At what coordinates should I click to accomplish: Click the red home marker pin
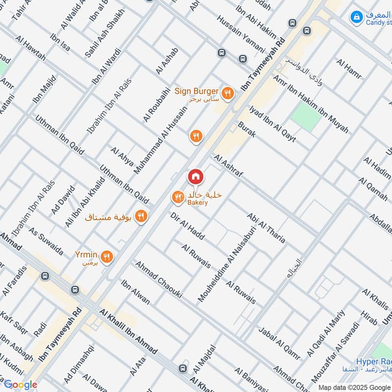(195, 176)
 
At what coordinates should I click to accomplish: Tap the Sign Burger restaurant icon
(227, 92)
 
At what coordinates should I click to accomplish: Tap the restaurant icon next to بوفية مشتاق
(141, 216)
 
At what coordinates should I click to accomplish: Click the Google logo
(20, 385)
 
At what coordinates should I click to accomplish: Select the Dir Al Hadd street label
(187, 226)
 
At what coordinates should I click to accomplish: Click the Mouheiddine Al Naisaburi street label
(226, 263)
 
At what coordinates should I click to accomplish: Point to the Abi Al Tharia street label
(266, 227)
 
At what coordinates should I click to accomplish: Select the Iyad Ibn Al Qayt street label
(272, 123)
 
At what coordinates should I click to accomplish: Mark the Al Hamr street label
(349, 69)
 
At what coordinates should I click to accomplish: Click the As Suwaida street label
(46, 241)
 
